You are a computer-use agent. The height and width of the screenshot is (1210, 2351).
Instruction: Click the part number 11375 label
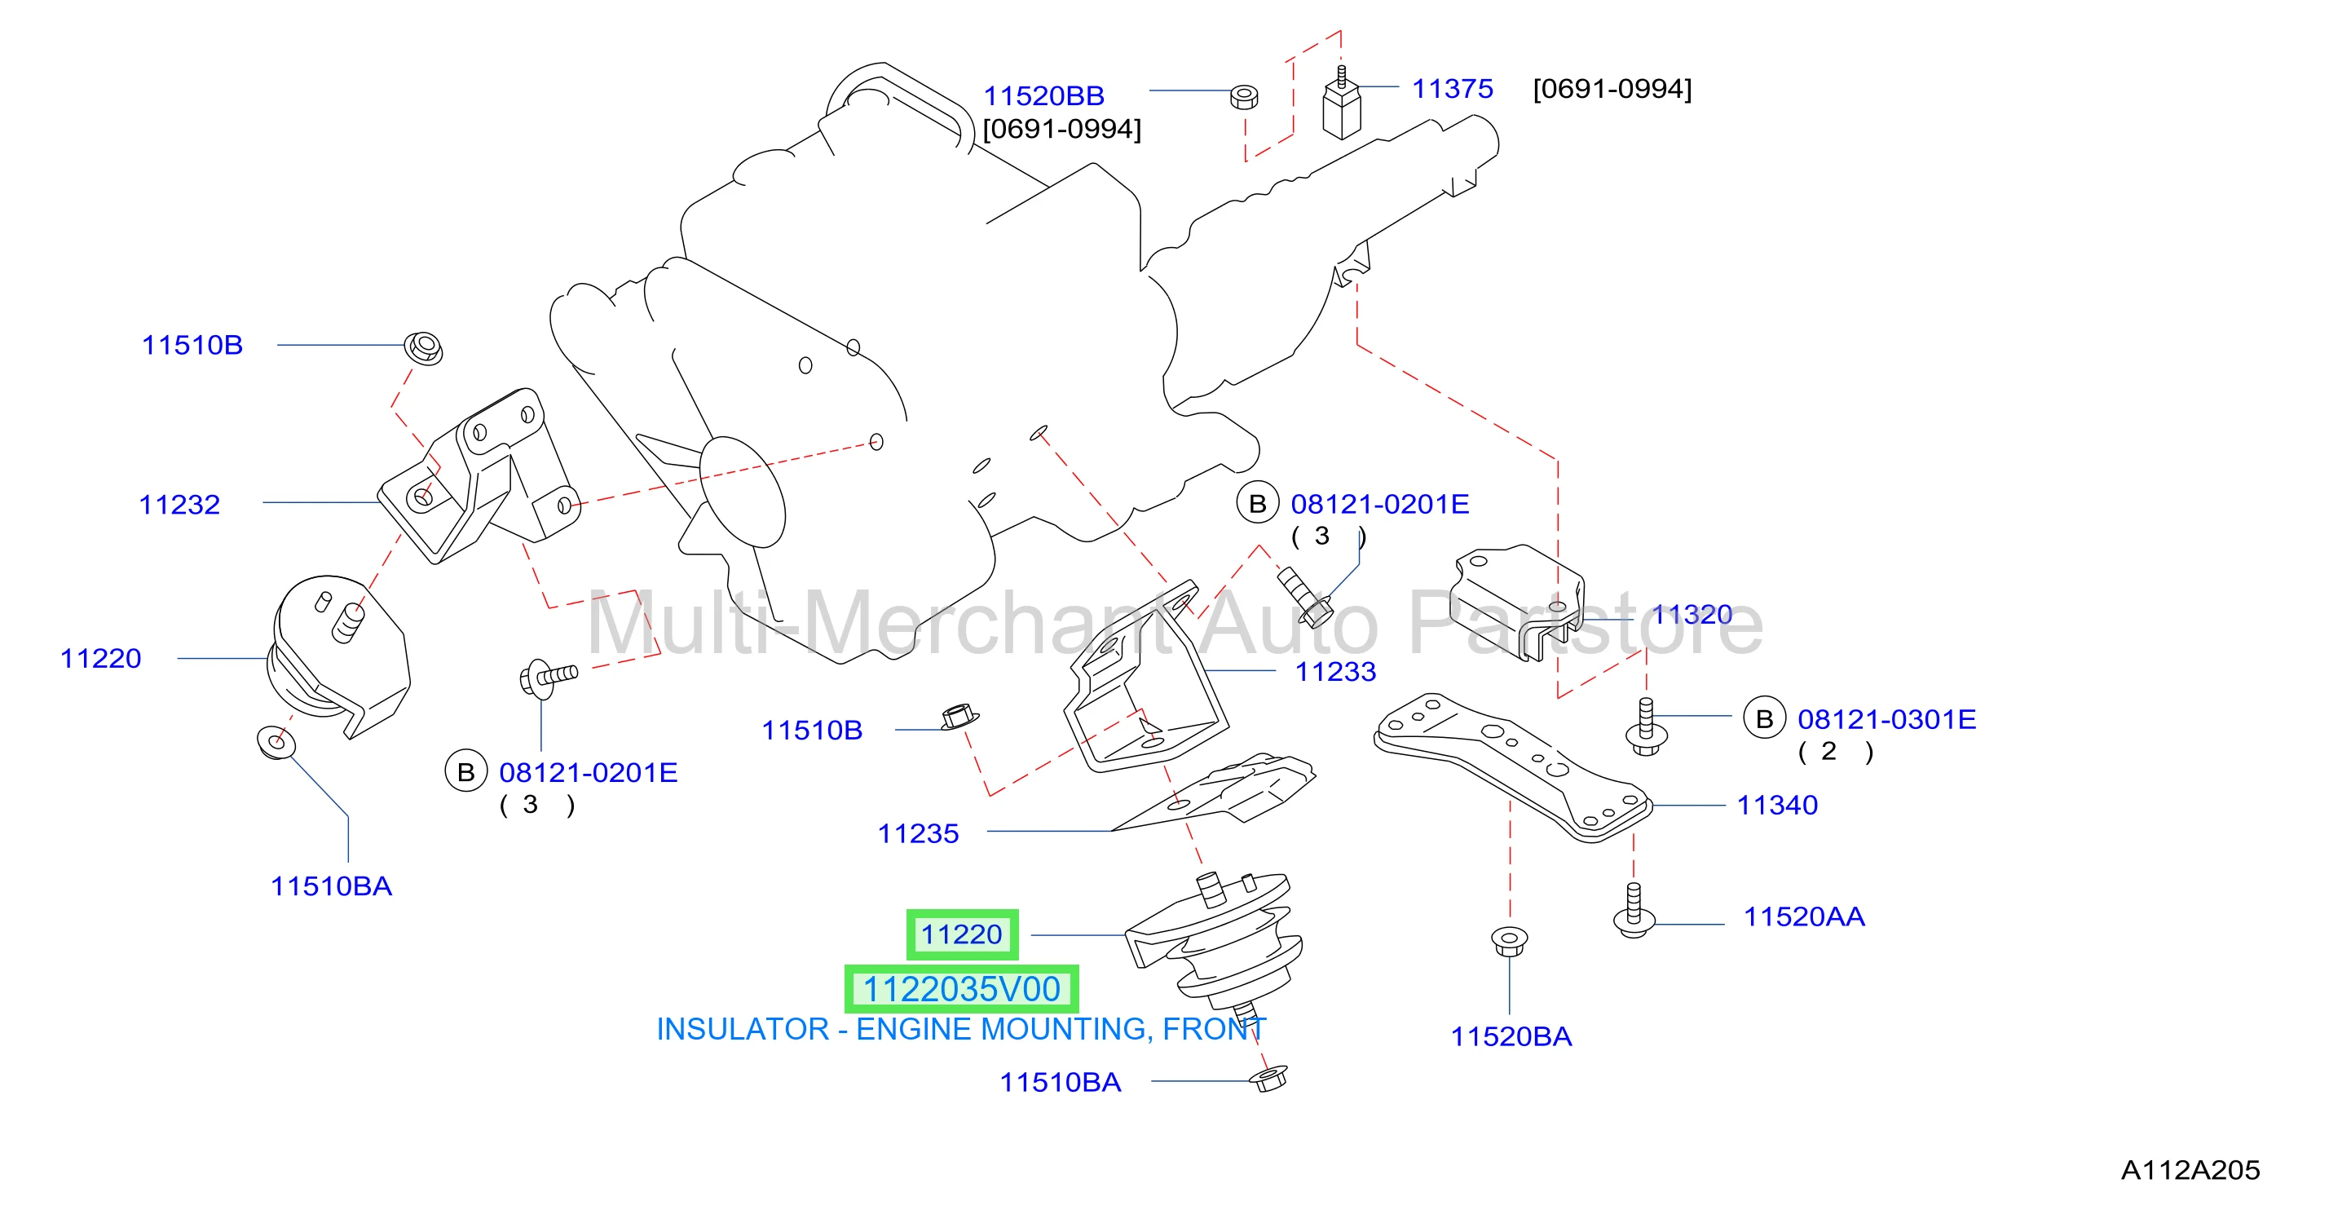pos(1452,89)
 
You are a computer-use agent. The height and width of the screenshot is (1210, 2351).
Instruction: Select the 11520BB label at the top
pos(1043,96)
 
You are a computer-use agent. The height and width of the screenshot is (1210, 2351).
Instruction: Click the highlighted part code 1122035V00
pos(962,989)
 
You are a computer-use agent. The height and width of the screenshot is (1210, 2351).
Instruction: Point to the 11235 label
pos(918,833)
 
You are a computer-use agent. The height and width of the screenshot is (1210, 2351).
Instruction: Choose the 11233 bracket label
pos(1335,672)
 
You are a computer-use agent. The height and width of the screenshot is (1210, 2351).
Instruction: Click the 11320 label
pos(1692,614)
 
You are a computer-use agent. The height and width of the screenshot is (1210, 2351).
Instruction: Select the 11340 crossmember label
pos(1777,805)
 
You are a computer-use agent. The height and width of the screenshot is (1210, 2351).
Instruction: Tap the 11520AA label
pos(1804,916)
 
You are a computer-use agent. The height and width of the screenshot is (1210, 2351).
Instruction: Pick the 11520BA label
pos(1511,1036)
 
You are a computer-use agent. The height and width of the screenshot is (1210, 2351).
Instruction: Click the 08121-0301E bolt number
pos(1886,719)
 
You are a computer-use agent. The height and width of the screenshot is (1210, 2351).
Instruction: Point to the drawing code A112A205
pos(2190,1170)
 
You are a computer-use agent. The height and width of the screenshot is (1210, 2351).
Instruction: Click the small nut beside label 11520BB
pos(1244,97)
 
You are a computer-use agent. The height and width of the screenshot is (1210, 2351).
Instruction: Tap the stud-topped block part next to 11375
pos(1342,102)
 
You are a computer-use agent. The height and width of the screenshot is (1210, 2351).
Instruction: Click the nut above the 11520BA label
pos(1510,941)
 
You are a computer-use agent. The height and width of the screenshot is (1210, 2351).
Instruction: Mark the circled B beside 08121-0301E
pos(1764,719)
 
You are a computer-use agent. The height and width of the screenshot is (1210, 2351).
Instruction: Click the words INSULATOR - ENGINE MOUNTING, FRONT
pos(961,1029)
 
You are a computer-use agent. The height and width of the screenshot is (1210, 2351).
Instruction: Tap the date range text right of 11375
pos(1612,89)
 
